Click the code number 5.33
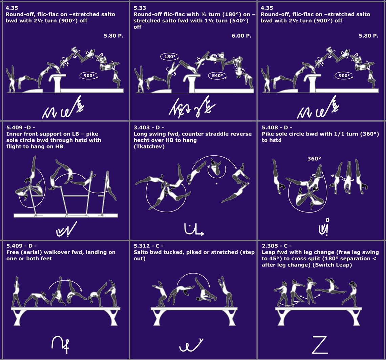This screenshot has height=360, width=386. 140,8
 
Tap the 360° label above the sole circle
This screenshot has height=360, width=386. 314,158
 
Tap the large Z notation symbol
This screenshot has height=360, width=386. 320,344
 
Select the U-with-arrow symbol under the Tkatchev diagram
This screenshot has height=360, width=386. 194,229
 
